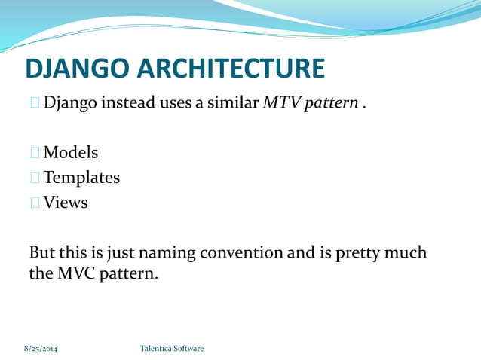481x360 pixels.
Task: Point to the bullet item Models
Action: tap(70, 153)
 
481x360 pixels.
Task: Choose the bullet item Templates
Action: tap(81, 178)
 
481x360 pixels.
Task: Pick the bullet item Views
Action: tap(66, 203)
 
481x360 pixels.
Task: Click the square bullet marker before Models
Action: tap(35, 154)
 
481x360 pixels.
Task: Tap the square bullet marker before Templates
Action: tap(35, 178)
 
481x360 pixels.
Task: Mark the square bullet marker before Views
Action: tap(35, 203)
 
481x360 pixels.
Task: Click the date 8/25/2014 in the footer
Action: tap(40, 349)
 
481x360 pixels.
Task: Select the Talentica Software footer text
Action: tap(172, 349)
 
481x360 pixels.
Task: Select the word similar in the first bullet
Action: tap(230, 102)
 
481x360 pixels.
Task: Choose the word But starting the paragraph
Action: tap(42, 252)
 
